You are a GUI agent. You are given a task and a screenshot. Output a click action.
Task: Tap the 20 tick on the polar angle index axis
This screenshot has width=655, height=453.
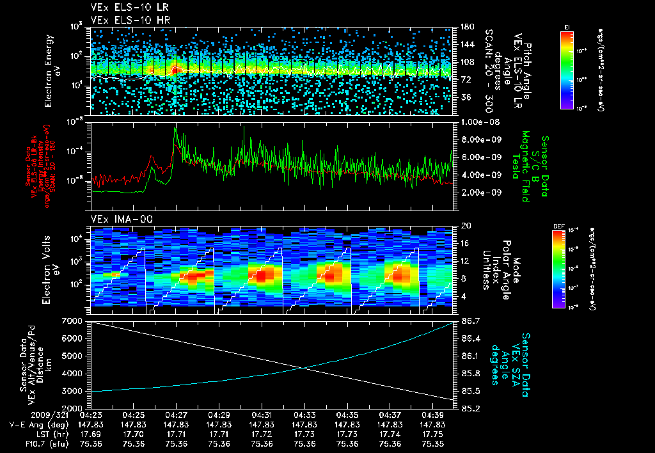tap(465, 226)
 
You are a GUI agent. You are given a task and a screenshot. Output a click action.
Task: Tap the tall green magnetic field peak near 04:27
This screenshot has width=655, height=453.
tap(175, 129)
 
